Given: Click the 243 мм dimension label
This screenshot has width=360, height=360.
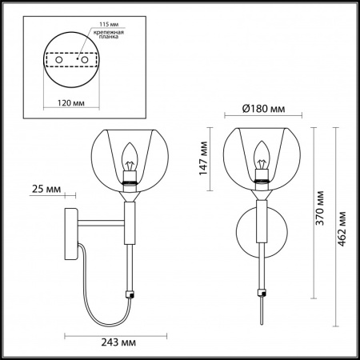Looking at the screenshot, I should tap(118, 342).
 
